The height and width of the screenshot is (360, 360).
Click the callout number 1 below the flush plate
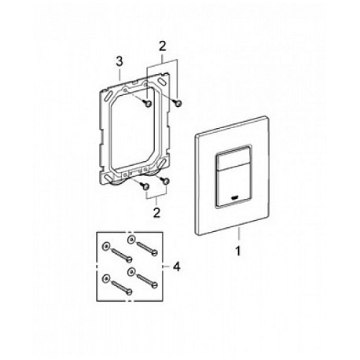[x=238, y=252]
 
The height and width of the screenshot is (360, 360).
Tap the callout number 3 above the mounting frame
[x=119, y=61]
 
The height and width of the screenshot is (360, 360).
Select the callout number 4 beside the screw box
[x=177, y=267]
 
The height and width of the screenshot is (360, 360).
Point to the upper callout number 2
[x=163, y=46]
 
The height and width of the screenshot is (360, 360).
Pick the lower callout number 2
[x=156, y=213]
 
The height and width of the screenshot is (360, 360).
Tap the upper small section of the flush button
[x=232, y=156]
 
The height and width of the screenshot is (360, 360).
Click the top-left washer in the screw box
[x=106, y=246]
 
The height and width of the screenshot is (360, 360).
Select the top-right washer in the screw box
[x=131, y=239]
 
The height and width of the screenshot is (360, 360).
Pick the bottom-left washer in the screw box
[x=106, y=278]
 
